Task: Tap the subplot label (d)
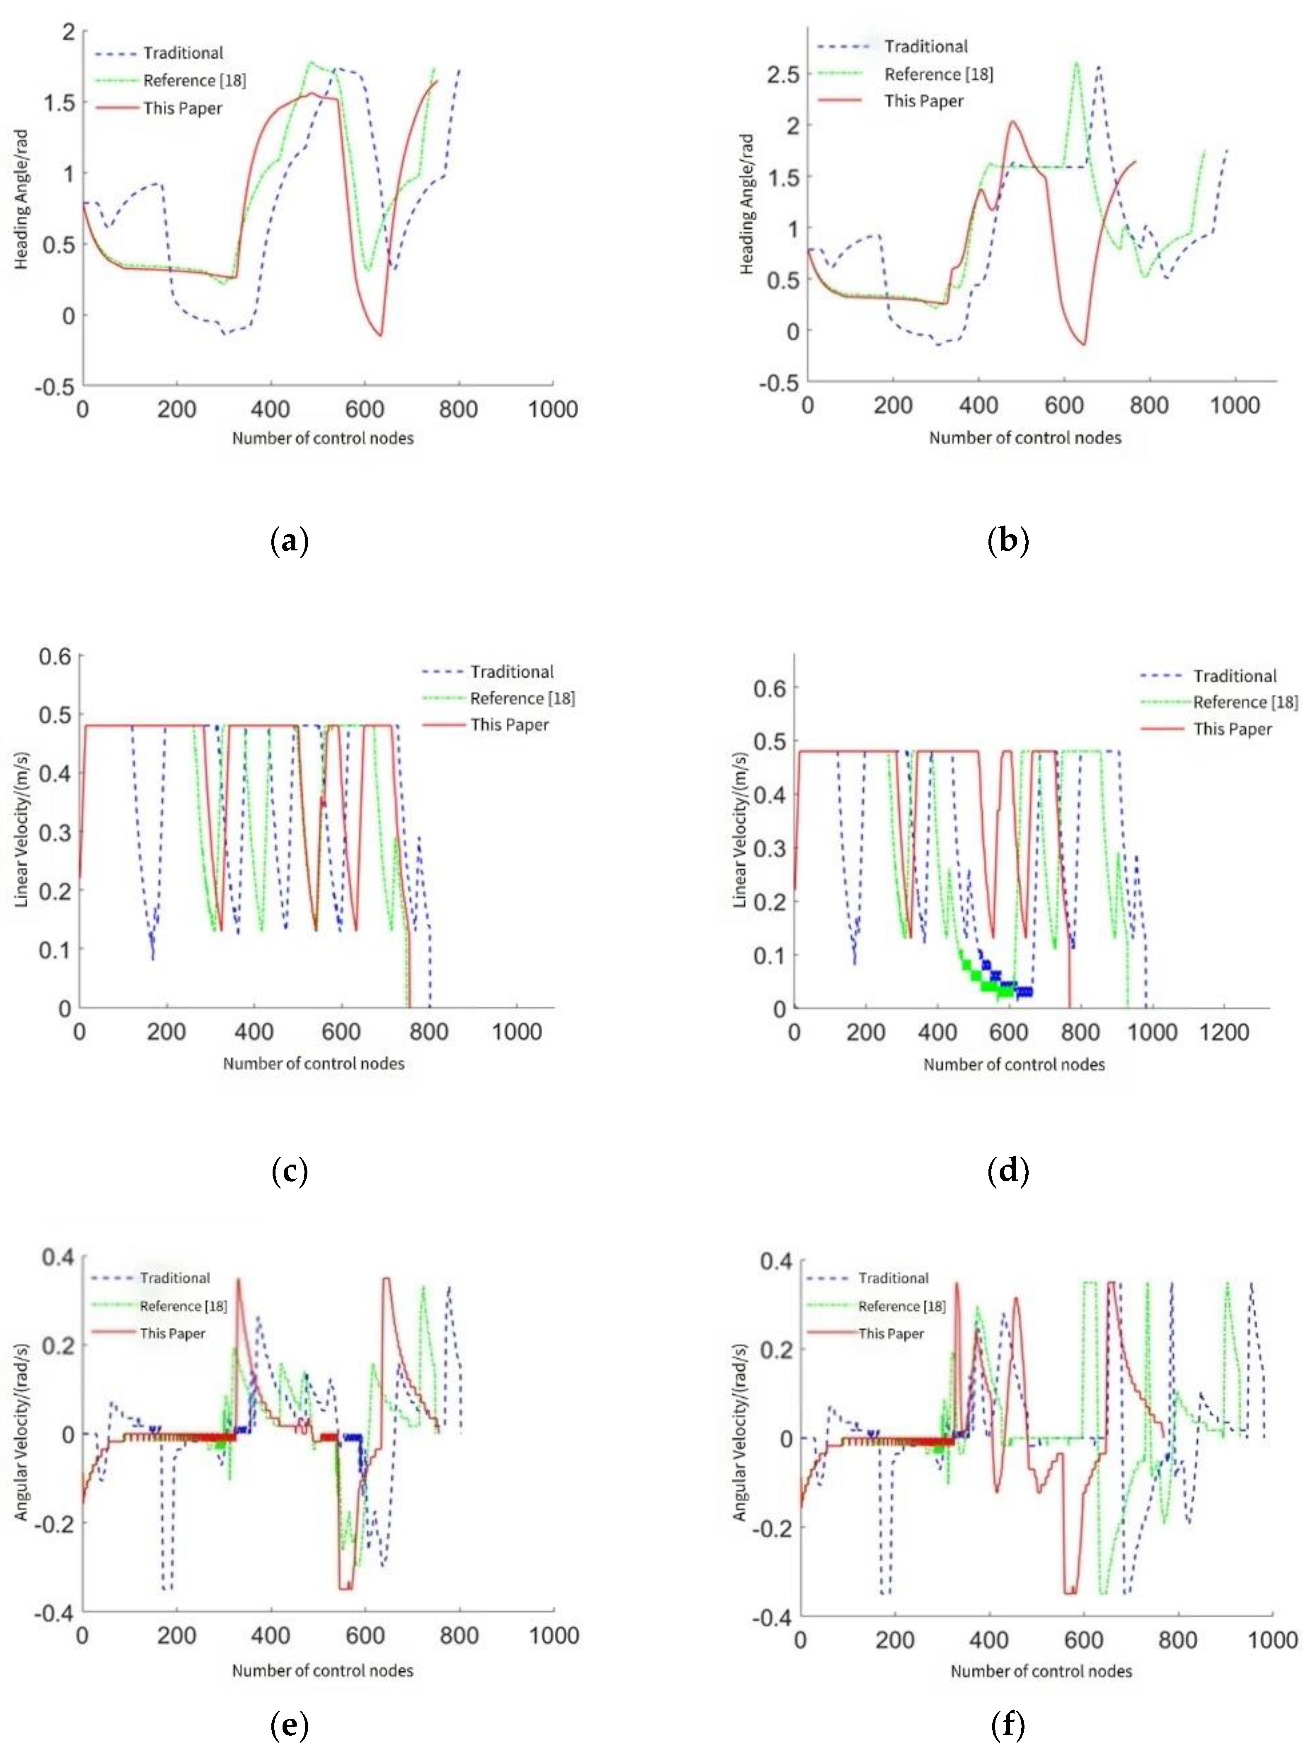pos(1008,1170)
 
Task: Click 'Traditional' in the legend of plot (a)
pos(183,53)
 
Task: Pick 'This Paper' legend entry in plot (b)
pos(923,101)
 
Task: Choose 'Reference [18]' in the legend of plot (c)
pos(522,698)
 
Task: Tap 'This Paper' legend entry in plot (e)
pos(172,1333)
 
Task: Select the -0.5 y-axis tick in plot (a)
pos(56,386)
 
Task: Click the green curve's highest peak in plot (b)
pos(1076,63)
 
